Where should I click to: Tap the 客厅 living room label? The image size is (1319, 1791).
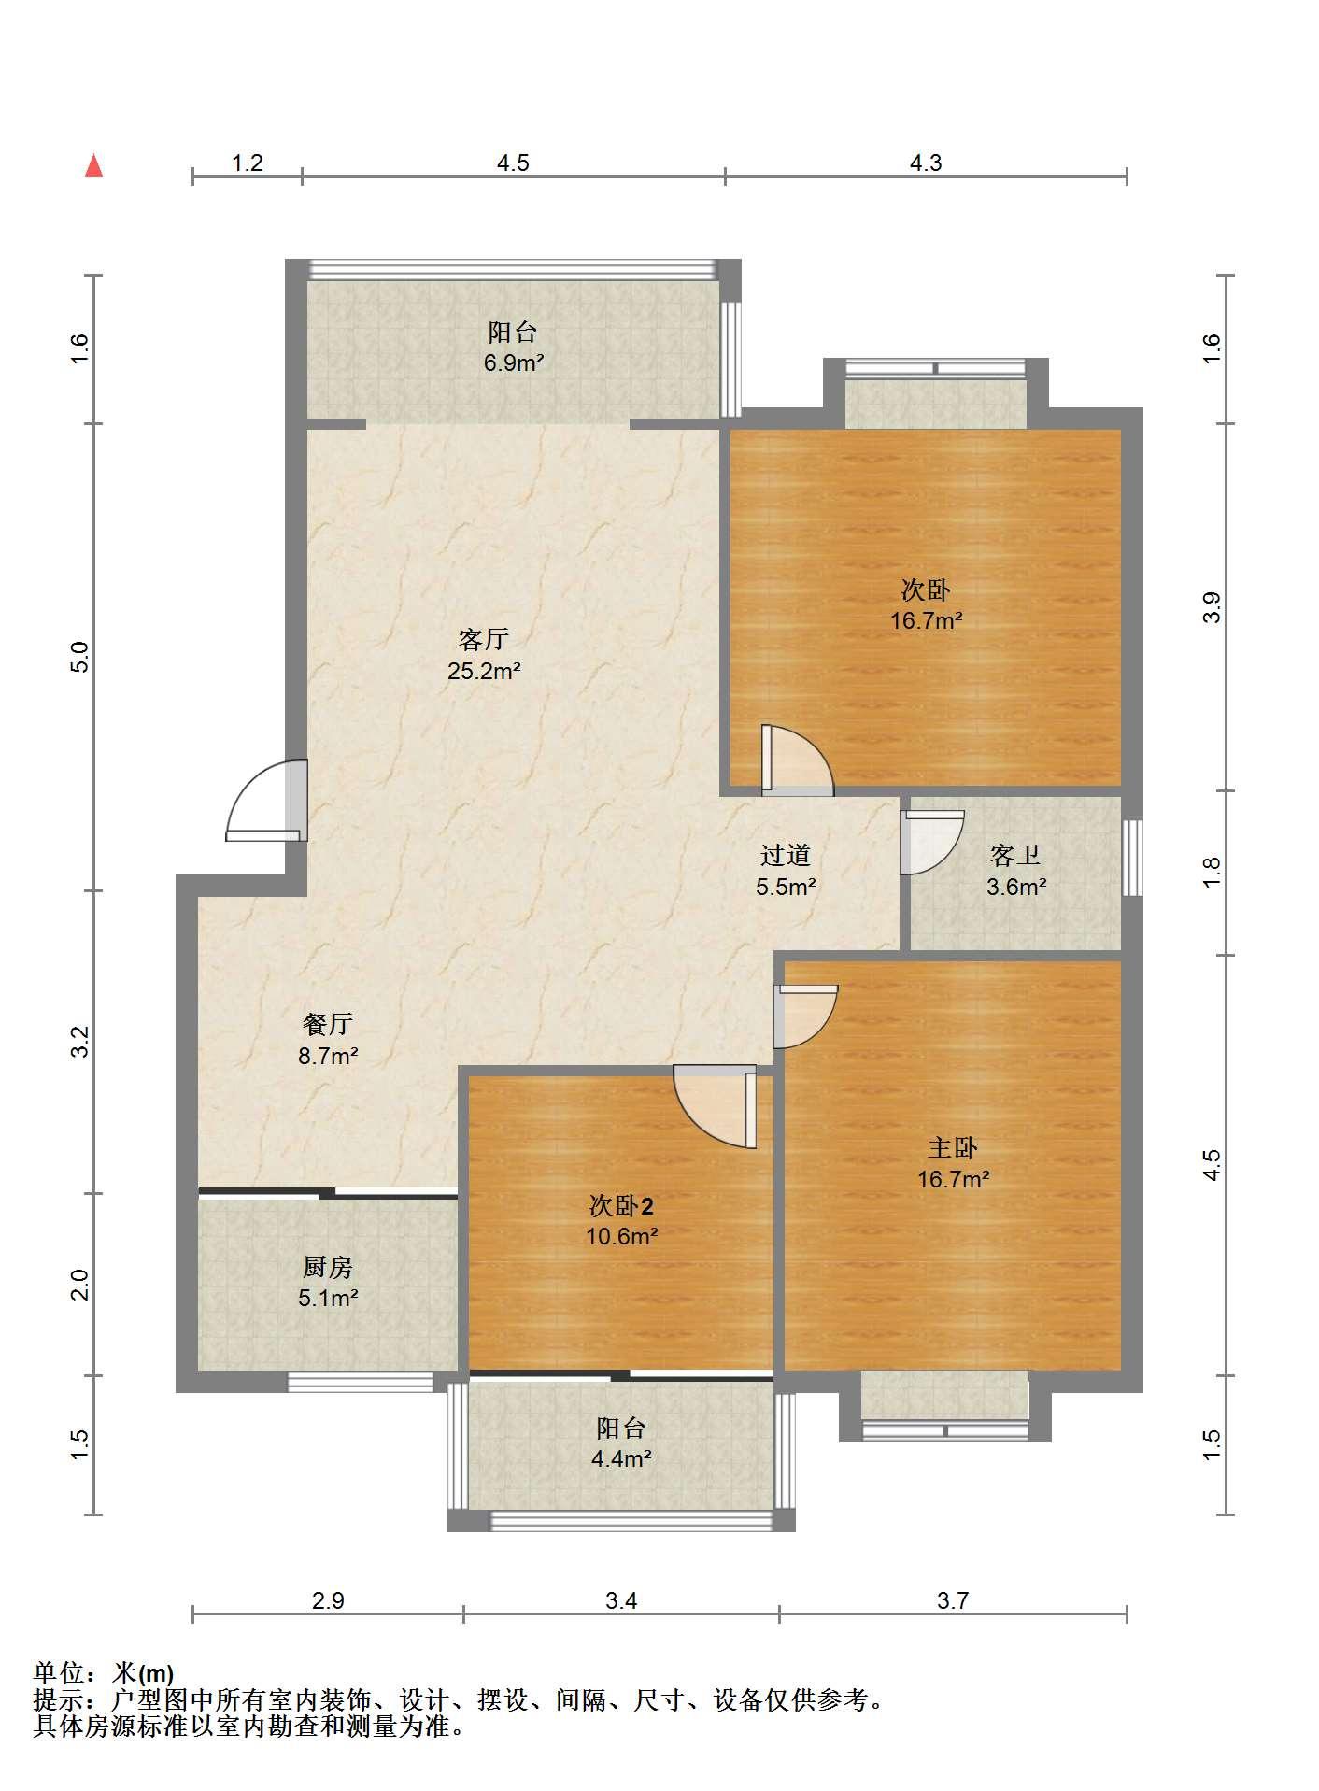(484, 639)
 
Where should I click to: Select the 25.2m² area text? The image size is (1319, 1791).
(484, 670)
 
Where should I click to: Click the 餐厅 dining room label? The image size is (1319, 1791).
(328, 1024)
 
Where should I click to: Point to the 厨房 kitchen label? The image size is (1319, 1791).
(328, 1267)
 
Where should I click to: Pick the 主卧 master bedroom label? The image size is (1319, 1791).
(953, 1147)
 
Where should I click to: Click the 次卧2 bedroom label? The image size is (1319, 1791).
(621, 1205)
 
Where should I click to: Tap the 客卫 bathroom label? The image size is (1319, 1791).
(1015, 855)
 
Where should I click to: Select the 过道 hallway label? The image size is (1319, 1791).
(786, 855)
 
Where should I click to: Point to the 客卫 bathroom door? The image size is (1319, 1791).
(930, 842)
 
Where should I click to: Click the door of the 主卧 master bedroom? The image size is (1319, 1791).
(805, 1016)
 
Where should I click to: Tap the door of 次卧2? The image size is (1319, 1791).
(716, 1106)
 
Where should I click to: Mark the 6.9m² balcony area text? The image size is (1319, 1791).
(514, 362)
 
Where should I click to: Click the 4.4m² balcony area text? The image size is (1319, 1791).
(621, 1457)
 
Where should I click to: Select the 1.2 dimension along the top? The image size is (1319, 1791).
(248, 163)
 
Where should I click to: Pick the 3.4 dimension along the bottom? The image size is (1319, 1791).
(621, 1600)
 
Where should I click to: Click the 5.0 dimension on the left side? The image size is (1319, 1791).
(80, 657)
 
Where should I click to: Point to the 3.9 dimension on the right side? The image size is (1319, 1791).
(1212, 608)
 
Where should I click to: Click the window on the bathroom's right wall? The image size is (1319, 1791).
(1133, 858)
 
